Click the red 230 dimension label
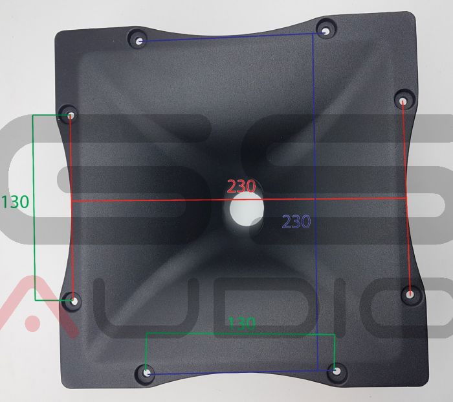pyautogui.click(x=241, y=187)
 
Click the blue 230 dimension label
pyautogui.click(x=296, y=222)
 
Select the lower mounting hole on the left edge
pyautogui.click(x=73, y=300)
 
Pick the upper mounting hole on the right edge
pyautogui.click(x=403, y=100)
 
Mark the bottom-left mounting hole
pyautogui.click(x=147, y=373)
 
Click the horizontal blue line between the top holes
pyautogui.click(x=226, y=37)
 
